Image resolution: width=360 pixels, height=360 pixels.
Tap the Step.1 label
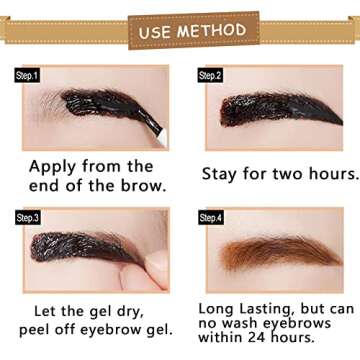(x=27, y=75)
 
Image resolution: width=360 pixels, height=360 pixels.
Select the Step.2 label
(x=209, y=75)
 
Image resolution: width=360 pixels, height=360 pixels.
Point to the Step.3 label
(x=27, y=217)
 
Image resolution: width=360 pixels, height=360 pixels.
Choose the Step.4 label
(x=209, y=217)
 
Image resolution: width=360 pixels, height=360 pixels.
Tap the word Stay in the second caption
(x=222, y=173)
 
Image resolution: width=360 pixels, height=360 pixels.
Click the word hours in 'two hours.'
(x=328, y=173)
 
